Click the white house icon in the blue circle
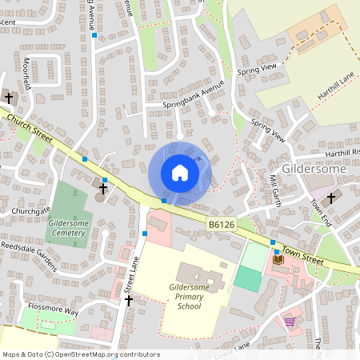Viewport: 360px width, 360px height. (180, 172)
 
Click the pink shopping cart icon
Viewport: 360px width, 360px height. (290, 321)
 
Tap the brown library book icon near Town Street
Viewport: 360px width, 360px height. (278, 258)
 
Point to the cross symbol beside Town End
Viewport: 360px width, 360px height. (331, 195)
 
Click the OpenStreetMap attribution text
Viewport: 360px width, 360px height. (80, 354)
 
